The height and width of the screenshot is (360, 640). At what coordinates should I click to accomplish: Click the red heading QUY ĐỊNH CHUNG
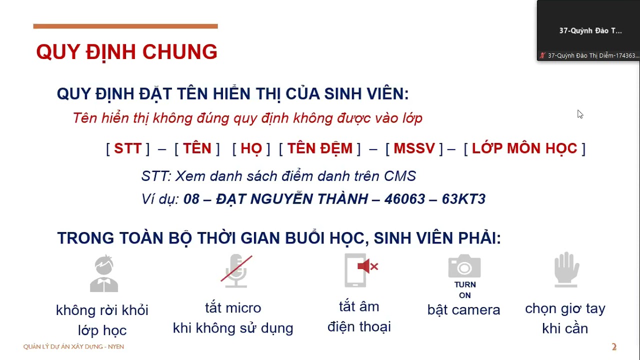(x=126, y=52)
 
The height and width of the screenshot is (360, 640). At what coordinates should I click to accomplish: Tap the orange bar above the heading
(x=125, y=26)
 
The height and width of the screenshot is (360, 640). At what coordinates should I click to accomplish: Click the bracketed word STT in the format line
(x=127, y=148)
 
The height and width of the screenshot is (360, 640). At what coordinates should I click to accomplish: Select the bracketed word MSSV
(x=414, y=148)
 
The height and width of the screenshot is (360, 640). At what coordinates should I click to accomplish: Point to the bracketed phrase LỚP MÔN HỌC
(x=524, y=148)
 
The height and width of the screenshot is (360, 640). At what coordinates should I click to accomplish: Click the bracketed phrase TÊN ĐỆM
(x=319, y=148)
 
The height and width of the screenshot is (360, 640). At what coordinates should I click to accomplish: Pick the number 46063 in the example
(x=402, y=199)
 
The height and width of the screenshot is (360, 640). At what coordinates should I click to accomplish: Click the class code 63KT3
(x=463, y=199)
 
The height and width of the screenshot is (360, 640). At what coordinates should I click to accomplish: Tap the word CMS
(x=400, y=176)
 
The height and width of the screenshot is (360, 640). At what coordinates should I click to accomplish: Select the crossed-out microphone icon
(x=236, y=271)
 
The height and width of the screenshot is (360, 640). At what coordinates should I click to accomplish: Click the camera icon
(x=464, y=266)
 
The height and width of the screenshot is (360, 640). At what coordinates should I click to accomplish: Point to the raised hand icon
(x=566, y=269)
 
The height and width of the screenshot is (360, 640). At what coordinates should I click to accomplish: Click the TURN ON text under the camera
(x=465, y=290)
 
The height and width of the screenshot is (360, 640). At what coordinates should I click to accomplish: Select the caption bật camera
(x=463, y=310)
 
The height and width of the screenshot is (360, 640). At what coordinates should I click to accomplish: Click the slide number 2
(x=614, y=347)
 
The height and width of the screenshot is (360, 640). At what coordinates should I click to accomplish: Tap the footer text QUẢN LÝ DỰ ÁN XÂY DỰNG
(x=73, y=346)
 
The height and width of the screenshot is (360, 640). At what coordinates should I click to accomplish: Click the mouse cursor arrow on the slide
(x=579, y=114)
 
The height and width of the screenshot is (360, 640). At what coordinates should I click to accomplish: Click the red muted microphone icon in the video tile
(x=542, y=55)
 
